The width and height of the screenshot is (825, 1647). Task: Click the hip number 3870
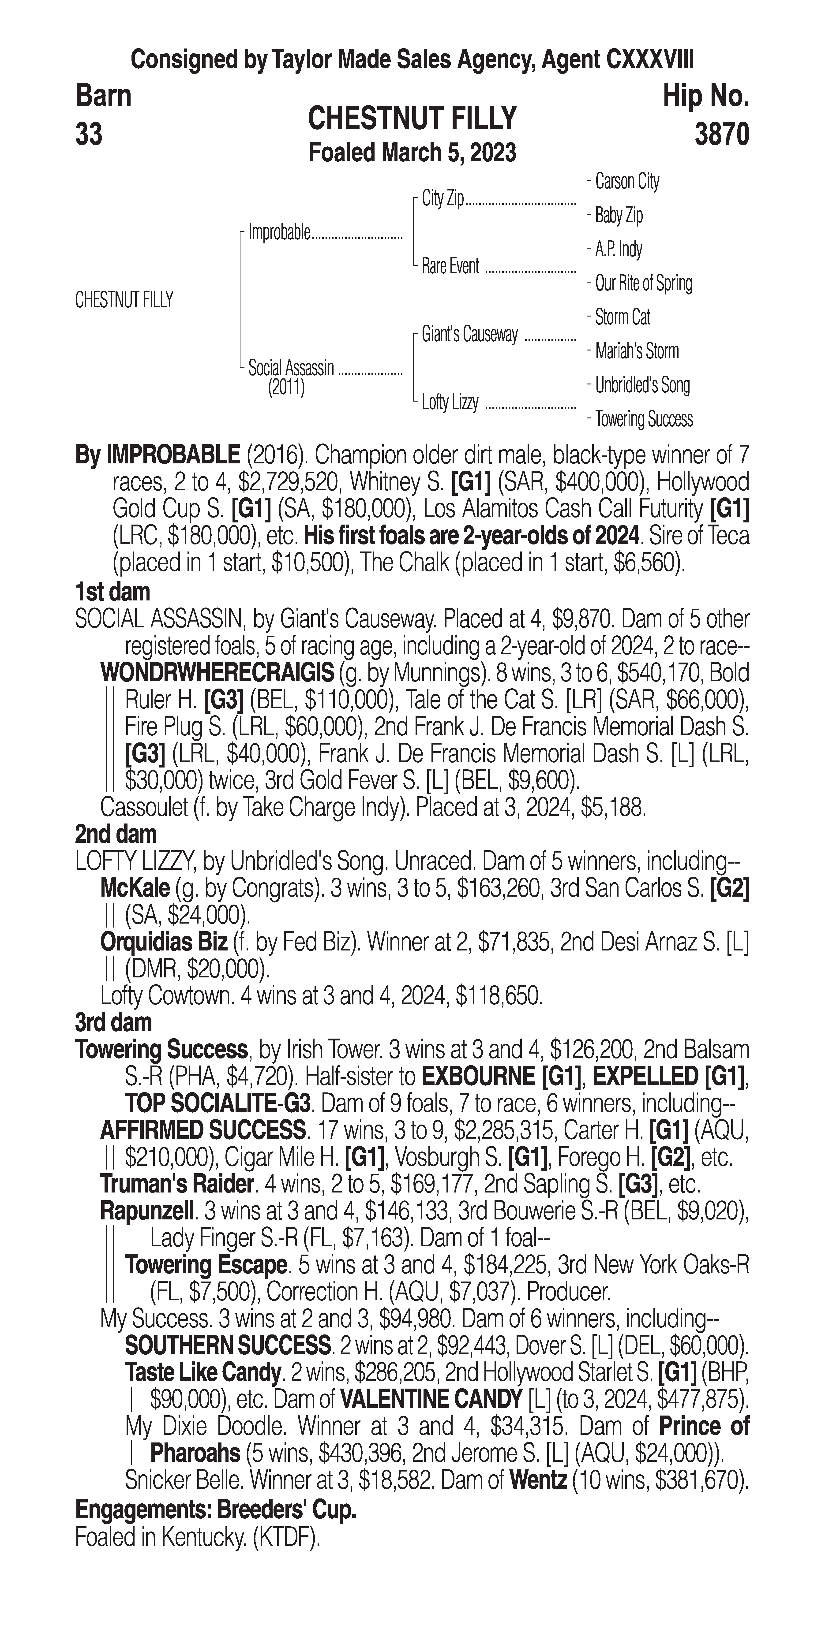tap(721, 135)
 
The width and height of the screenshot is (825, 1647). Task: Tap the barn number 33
tap(89, 135)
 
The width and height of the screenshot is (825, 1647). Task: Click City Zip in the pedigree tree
tap(442, 199)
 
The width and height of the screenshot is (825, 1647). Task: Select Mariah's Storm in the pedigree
tap(636, 351)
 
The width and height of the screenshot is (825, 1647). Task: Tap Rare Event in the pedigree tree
tap(450, 267)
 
